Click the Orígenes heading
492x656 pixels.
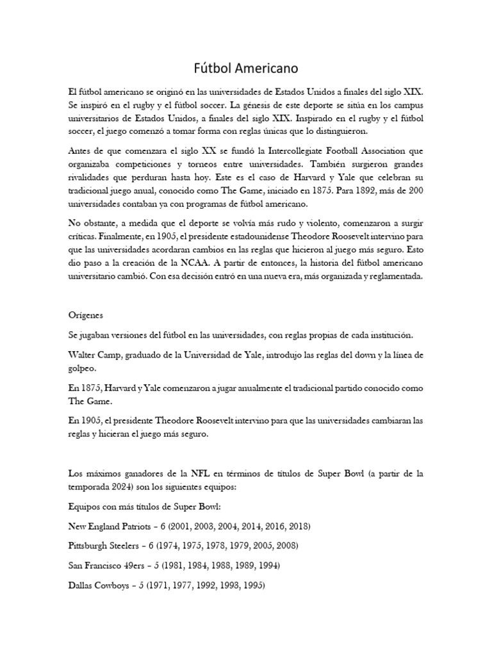(x=86, y=316)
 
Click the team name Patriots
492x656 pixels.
(x=137, y=527)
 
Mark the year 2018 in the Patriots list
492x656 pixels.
(x=297, y=527)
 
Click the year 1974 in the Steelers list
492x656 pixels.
(x=177, y=546)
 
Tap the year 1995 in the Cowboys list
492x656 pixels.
(x=251, y=586)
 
